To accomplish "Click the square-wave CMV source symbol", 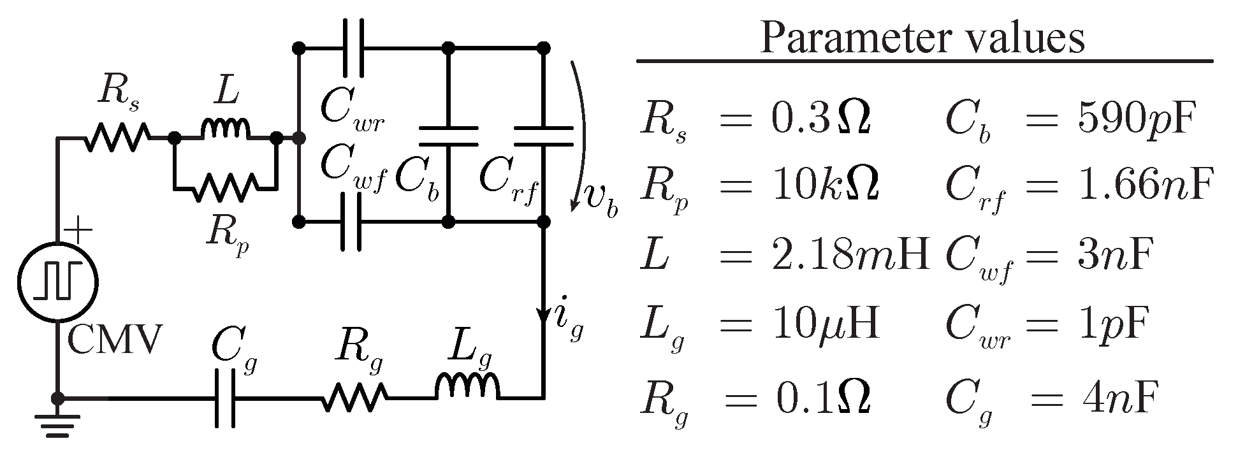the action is tap(58, 280).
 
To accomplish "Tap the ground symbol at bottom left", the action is tap(58, 424).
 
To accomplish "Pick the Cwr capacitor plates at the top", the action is tap(353, 48).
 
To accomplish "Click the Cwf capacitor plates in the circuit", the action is tap(353, 222).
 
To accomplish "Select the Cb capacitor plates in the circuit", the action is tap(448, 136).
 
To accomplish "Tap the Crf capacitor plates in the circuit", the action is tap(544, 136).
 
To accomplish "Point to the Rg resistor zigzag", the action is tap(354, 399).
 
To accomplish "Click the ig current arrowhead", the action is tap(544, 315).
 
